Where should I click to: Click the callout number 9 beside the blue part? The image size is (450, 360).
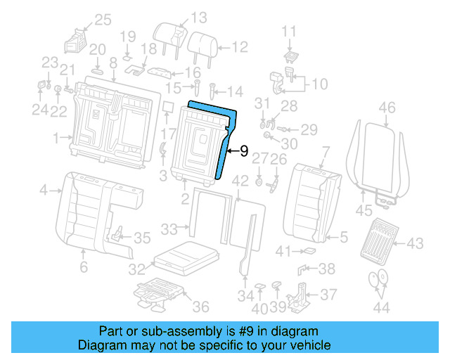(244, 150)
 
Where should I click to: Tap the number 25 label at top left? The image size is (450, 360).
(103, 20)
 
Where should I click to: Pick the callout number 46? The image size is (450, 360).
(387, 108)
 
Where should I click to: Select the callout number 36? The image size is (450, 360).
(200, 307)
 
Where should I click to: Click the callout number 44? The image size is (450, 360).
(380, 308)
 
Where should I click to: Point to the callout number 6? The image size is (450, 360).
(83, 267)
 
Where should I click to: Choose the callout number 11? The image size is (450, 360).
(290, 31)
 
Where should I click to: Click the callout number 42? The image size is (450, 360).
(241, 181)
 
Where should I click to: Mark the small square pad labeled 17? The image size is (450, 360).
(168, 107)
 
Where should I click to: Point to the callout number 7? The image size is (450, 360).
(325, 150)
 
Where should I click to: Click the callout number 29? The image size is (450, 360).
(309, 129)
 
